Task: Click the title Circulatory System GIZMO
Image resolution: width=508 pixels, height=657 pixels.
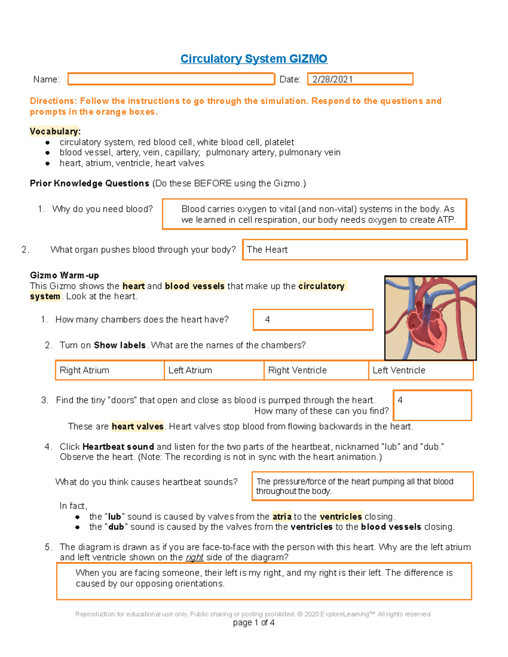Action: coord(254,59)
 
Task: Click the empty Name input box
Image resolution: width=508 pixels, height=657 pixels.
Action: coord(171,79)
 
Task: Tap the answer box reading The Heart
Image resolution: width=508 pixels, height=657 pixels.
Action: coord(354,250)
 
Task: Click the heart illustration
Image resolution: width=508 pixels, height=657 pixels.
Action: coord(430,318)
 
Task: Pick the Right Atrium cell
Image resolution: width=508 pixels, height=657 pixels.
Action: coord(110,370)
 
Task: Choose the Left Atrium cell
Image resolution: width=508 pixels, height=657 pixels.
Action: coord(214,370)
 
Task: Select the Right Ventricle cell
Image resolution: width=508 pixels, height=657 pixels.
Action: coord(316,370)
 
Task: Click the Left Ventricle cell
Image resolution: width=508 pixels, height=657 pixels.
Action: coord(420,370)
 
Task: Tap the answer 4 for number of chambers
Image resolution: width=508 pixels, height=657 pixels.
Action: coord(313,320)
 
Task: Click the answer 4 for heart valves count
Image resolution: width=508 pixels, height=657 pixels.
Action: coord(432,405)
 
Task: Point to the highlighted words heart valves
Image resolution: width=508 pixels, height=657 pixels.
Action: coord(138,426)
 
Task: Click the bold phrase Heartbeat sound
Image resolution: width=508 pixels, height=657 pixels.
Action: coord(118,447)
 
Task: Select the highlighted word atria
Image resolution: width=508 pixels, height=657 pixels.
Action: coord(282,517)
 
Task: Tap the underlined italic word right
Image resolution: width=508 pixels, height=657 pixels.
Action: coord(194,558)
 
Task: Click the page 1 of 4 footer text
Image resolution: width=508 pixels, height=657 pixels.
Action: coord(254,623)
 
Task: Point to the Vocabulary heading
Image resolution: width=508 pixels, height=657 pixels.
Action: coord(55,132)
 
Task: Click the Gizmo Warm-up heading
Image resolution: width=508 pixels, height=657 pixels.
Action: coord(64,275)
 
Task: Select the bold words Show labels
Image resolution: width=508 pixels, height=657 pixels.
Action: coord(120,345)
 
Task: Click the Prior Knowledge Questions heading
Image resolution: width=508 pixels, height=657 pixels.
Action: coord(89,184)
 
